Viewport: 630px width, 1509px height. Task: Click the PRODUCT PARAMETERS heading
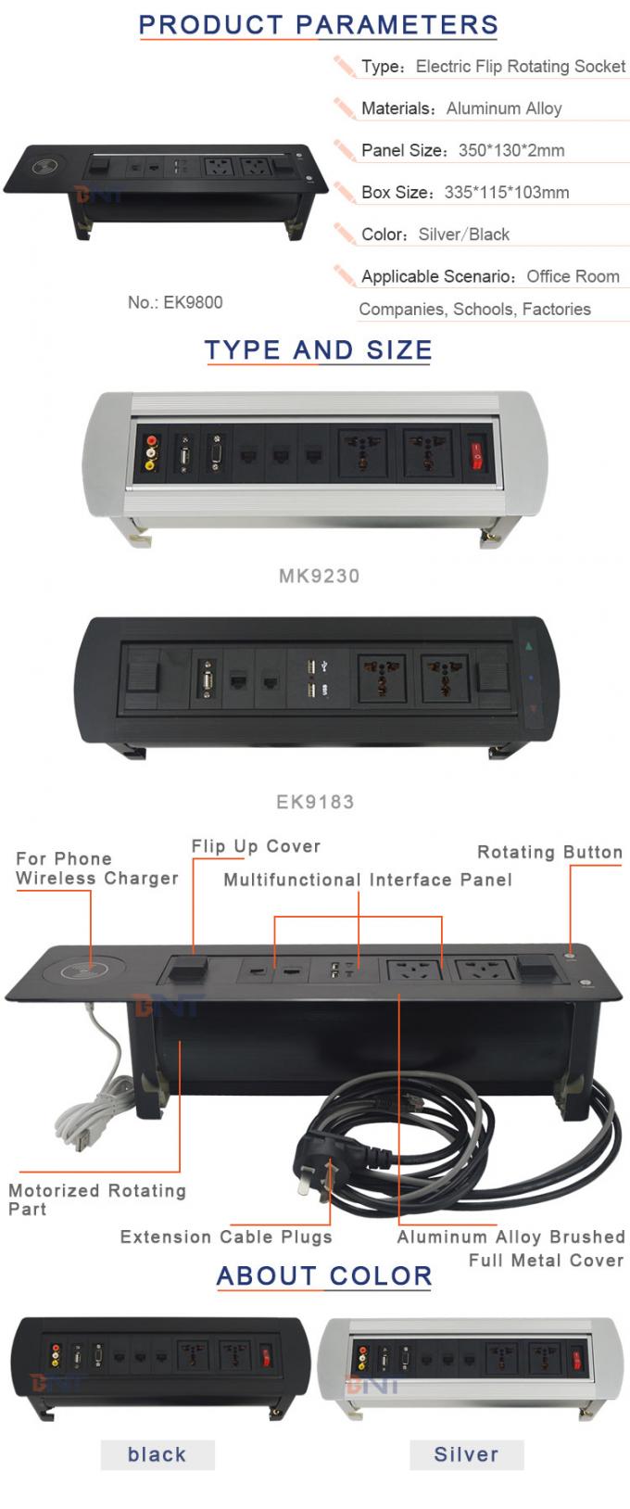pos(318,25)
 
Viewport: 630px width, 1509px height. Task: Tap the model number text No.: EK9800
pos(175,302)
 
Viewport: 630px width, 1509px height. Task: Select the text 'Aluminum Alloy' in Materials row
pos(504,108)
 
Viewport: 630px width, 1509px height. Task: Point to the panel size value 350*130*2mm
pos(511,150)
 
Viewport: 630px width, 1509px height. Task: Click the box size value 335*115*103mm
pos(507,193)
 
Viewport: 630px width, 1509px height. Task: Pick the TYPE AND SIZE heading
pos(318,350)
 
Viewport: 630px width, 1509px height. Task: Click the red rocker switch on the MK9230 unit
pos(477,454)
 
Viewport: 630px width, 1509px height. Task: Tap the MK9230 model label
pos(319,576)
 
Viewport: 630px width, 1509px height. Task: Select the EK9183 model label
pos(315,802)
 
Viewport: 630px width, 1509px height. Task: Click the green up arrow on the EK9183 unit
pos(530,646)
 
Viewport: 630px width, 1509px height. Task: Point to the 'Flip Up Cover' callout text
pos(256,846)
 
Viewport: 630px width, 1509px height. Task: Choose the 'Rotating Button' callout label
pos(549,852)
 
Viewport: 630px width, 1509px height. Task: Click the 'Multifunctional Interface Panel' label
pos(368,880)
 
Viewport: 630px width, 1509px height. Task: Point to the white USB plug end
pos(82,1141)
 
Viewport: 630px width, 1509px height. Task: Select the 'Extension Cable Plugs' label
pos(226,1236)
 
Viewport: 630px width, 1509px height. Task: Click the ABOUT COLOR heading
pos(324,1276)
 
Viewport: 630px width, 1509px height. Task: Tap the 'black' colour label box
pos(157,1454)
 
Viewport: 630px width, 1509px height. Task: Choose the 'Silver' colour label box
pos(466,1454)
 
